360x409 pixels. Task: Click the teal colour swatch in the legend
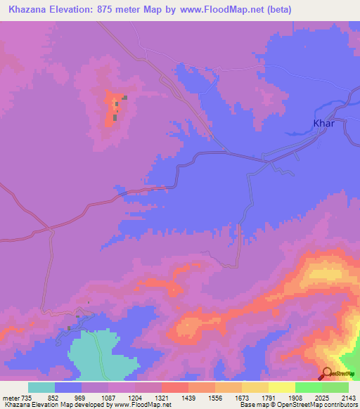click(x=41, y=387)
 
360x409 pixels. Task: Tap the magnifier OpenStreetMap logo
click(x=327, y=372)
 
